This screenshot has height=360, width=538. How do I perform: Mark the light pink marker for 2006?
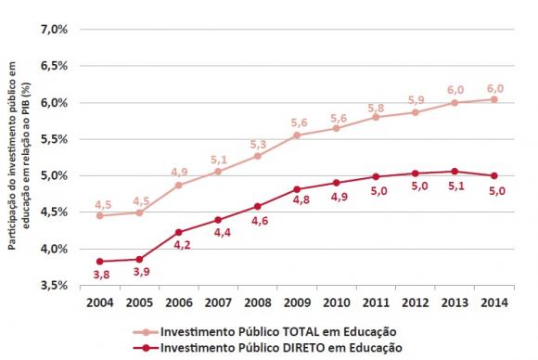pyautogui.click(x=177, y=185)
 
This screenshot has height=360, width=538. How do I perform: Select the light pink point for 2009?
pyautogui.click(x=297, y=135)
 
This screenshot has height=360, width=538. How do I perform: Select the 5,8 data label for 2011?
pyautogui.click(x=376, y=108)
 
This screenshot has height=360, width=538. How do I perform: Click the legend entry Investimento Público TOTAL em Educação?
pyautogui.click(x=276, y=330)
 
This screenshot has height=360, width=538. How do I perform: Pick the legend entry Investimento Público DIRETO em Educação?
pyautogui.click(x=276, y=348)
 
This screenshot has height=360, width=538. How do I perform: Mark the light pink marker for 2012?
pyautogui.click(x=416, y=112)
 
